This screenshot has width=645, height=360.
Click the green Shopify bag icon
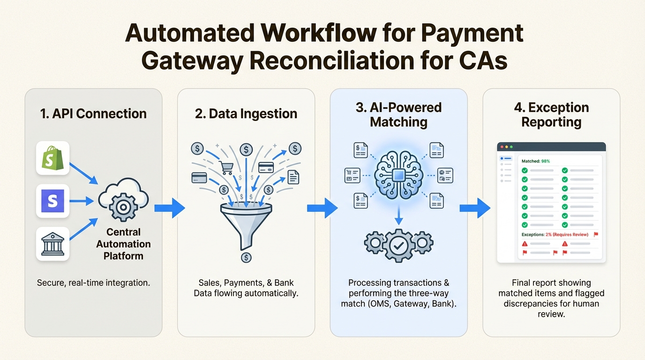pyautogui.click(x=52, y=158)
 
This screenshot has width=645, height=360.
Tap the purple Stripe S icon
pyautogui.click(x=52, y=201)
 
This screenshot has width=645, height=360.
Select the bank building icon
pyautogui.click(x=52, y=244)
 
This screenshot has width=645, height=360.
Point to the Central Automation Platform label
pyautogui.click(x=123, y=244)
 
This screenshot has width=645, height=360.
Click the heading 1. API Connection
pyautogui.click(x=93, y=113)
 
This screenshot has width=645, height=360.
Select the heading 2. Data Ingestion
pyautogui.click(x=246, y=113)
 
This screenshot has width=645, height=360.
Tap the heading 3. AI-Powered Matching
pyautogui.click(x=398, y=115)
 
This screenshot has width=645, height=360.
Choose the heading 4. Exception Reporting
pyautogui.click(x=551, y=115)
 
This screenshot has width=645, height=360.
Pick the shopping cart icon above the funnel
pyautogui.click(x=226, y=167)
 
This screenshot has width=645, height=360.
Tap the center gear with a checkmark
pyautogui.click(x=398, y=245)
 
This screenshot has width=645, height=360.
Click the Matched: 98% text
pyautogui.click(x=535, y=161)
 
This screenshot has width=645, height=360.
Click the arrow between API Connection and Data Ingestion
pyautogui.click(x=169, y=208)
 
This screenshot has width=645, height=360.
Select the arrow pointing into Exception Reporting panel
pyautogui.click(x=474, y=208)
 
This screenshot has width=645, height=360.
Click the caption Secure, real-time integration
pyautogui.click(x=93, y=283)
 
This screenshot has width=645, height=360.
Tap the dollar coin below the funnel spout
pyautogui.click(x=246, y=257)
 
